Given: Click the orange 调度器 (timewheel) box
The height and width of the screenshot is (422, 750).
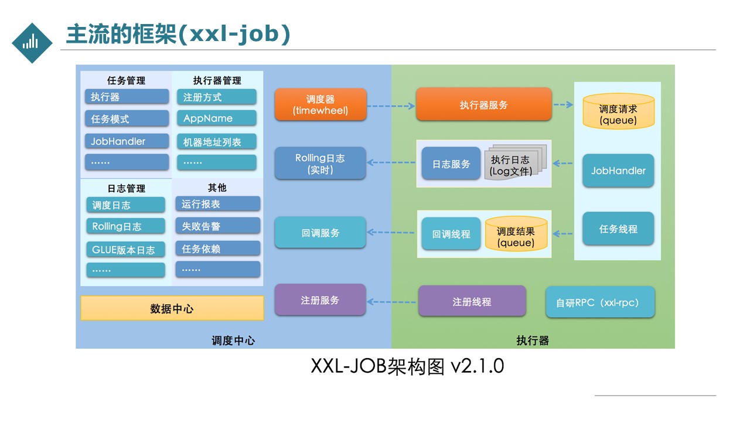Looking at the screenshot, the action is pos(321,104).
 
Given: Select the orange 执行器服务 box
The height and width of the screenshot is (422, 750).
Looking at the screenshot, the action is pos(483,104).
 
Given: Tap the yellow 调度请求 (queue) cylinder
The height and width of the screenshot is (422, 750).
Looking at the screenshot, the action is pos(618,111).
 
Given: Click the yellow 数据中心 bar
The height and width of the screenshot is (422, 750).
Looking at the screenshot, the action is pos(172,308).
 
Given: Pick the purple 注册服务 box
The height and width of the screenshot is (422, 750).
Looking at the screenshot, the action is pos(320,300).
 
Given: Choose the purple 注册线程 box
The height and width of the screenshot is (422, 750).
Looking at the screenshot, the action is pos(472,301).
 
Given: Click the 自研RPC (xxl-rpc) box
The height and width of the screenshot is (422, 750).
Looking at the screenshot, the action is pos(600,302).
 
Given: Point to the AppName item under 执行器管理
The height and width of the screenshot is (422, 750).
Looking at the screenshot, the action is pos(217,118).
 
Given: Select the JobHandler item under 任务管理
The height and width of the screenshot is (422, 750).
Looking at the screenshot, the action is pos(127,141).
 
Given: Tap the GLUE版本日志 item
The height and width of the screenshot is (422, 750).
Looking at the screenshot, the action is pos(125,250).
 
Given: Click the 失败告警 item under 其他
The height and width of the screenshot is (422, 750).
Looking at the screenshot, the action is pos(217,226).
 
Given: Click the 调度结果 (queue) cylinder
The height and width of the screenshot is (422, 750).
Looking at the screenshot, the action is pos(516,234).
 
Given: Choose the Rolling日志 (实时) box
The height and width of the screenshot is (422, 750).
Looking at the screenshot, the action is pos(320,164).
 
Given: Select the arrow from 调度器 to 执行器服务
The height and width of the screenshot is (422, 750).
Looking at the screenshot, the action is pos(391,106).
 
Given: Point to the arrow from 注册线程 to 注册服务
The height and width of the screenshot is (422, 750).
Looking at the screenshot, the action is pos(391,302).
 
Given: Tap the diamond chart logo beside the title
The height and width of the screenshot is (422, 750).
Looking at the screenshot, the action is pos(32,43).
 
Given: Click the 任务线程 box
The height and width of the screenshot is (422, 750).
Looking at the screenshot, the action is pos(618,229).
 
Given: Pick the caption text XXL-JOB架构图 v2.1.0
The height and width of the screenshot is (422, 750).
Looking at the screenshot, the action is pos(407,366).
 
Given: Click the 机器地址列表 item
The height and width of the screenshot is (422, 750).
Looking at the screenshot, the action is pos(217,142).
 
